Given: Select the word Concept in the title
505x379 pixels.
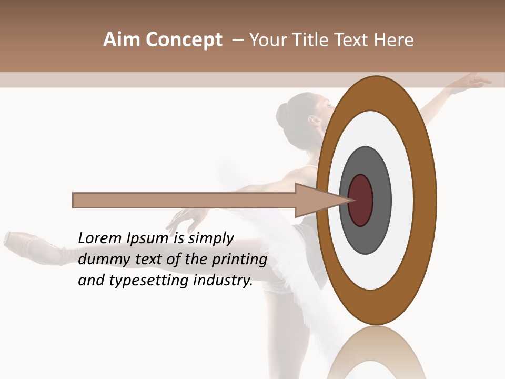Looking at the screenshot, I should (x=184, y=39).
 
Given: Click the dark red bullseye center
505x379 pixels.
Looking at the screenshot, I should (x=361, y=201).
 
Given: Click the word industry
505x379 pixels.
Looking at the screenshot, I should (x=223, y=281).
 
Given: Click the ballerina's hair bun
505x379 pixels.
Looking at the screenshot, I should (x=284, y=113).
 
